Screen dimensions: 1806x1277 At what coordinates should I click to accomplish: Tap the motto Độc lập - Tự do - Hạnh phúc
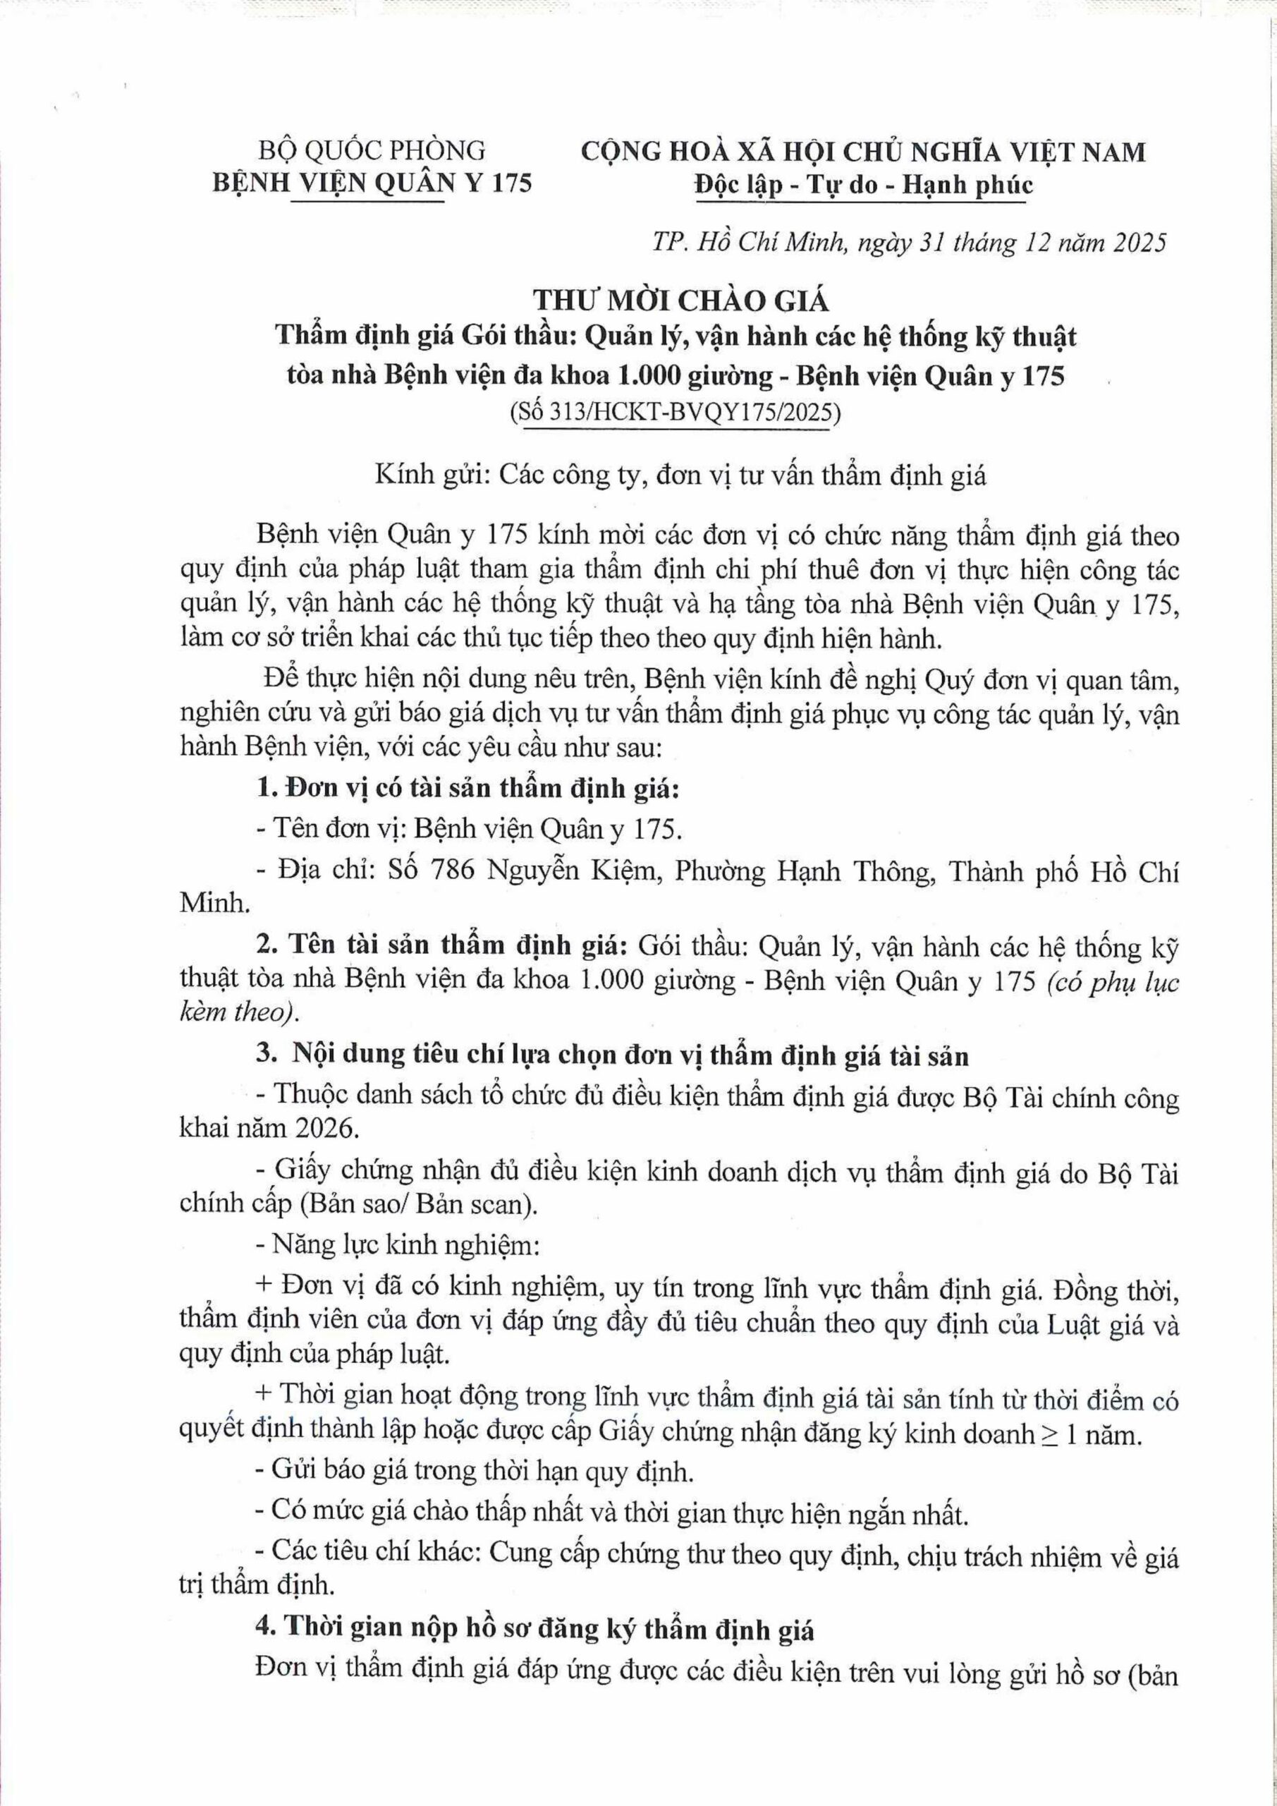point(863,186)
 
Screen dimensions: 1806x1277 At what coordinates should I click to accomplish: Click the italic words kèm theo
point(239,1012)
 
